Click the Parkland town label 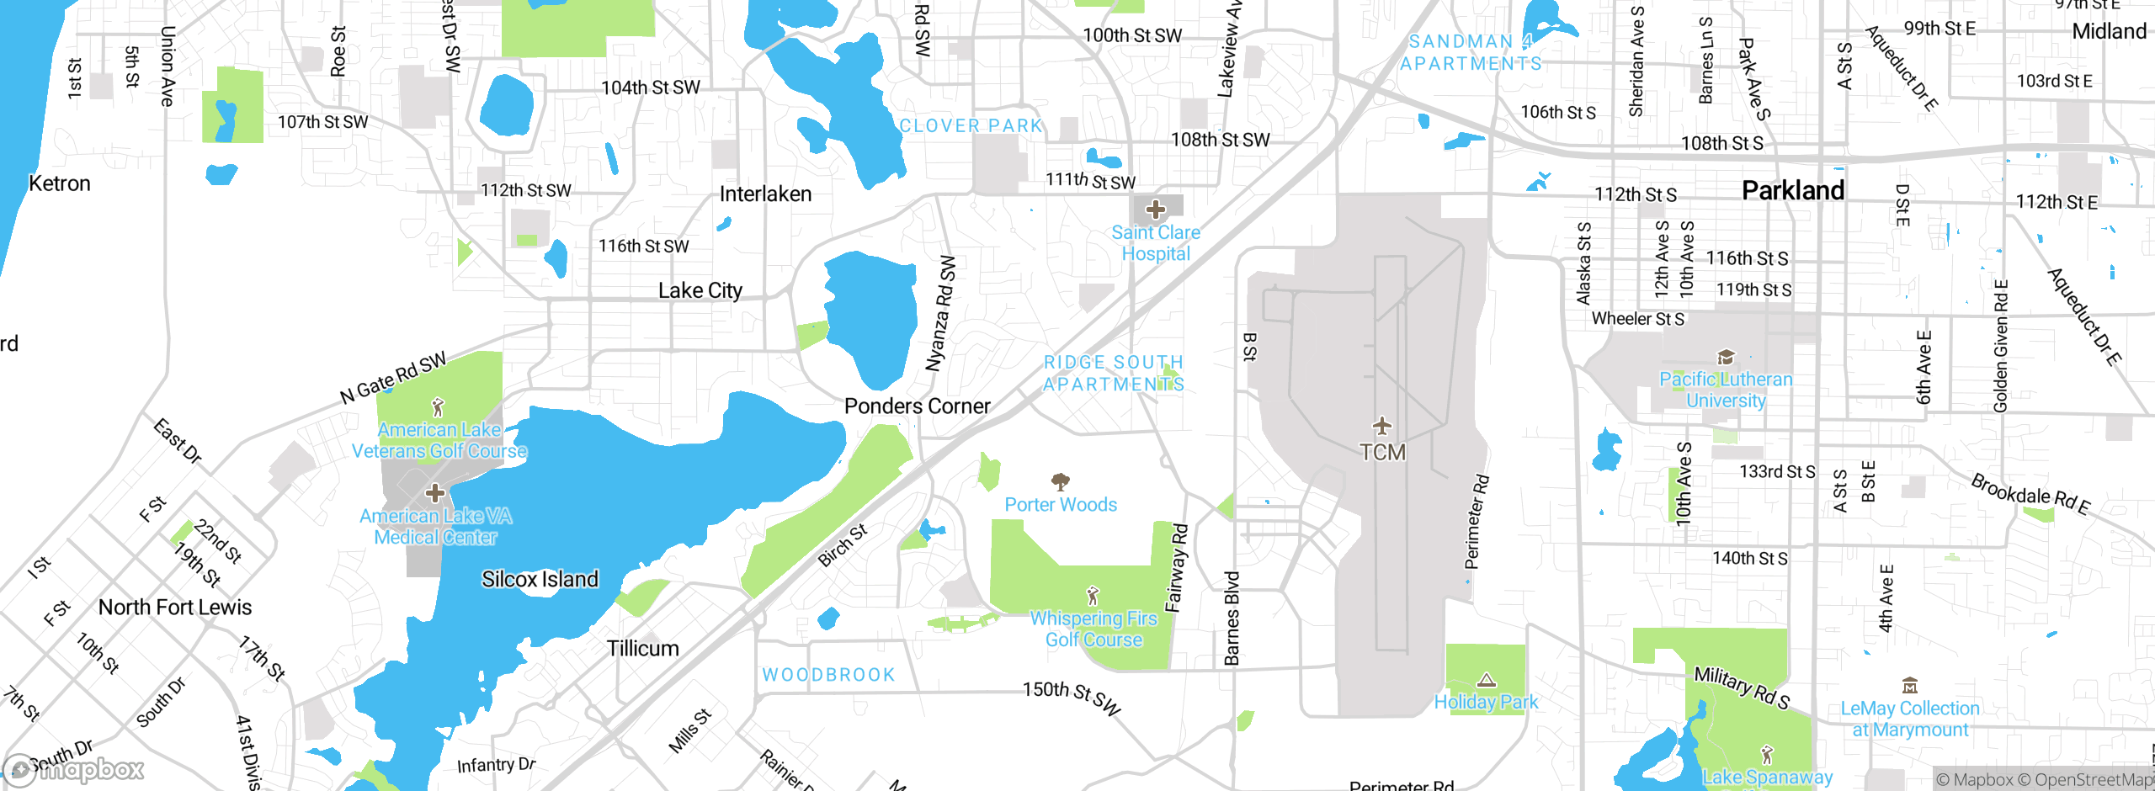click(x=1792, y=191)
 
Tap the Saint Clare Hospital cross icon click(x=1156, y=209)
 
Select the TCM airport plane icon click(x=1382, y=425)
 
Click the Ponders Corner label click(x=917, y=406)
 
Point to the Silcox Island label click(x=540, y=579)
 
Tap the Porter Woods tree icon click(x=1061, y=481)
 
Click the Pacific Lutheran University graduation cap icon click(x=1726, y=358)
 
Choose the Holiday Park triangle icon click(x=1487, y=680)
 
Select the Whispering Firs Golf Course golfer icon click(x=1093, y=597)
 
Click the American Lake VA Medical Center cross click(x=435, y=492)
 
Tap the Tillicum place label click(x=642, y=649)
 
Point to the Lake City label click(x=700, y=291)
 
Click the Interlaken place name click(x=765, y=194)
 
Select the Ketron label click(x=59, y=183)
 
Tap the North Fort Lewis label click(x=175, y=608)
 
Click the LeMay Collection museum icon click(x=1910, y=685)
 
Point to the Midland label click(x=2109, y=32)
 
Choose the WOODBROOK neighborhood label click(x=828, y=675)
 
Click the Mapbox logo click(x=74, y=769)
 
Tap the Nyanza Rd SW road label click(x=941, y=313)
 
